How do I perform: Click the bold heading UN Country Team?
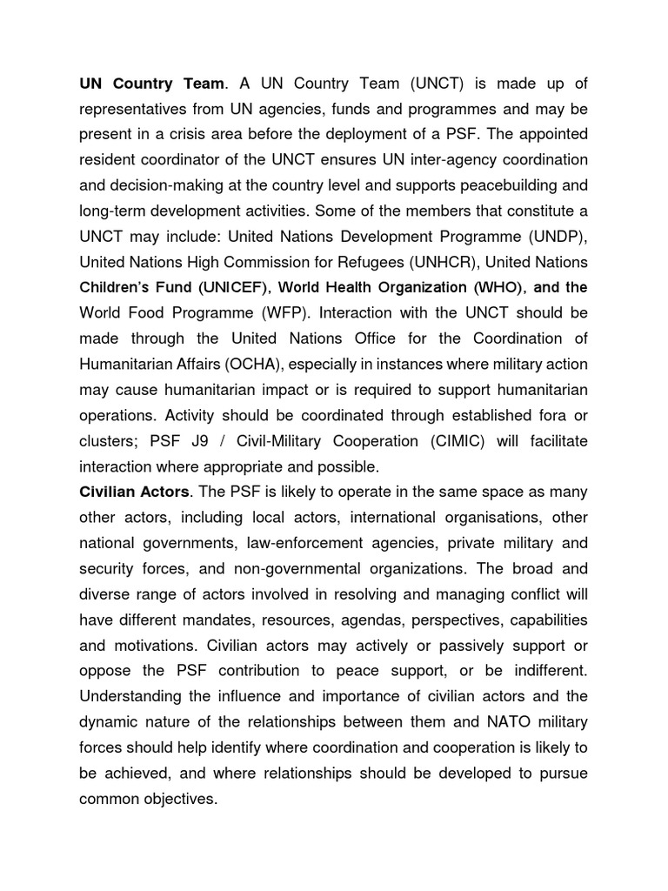[x=152, y=84]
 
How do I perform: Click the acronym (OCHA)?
[x=270, y=364]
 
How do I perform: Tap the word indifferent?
[x=545, y=671]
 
